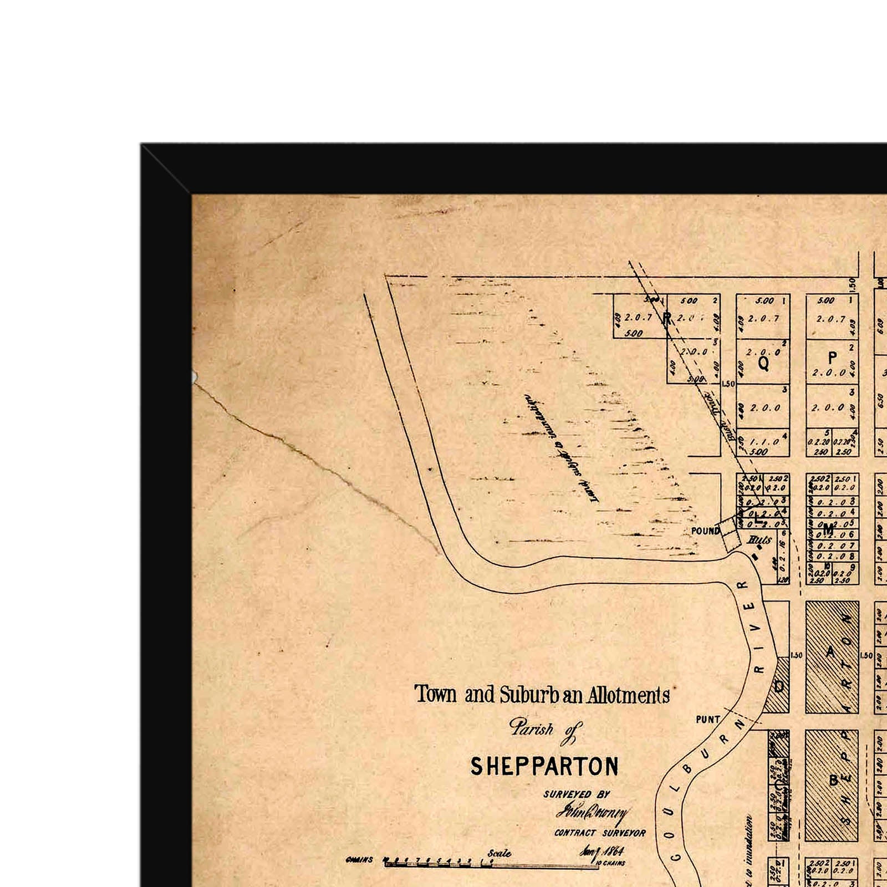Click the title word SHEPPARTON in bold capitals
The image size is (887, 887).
coord(544,767)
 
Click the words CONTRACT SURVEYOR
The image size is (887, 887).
coord(600,833)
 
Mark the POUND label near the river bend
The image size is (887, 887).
coord(705,531)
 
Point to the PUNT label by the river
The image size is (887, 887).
coord(708,720)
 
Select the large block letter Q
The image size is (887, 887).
coord(763,364)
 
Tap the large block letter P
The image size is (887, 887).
coord(832,358)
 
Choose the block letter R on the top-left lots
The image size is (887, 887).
coord(667,318)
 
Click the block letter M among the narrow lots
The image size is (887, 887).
coord(828,529)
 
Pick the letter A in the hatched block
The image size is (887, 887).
coord(830,652)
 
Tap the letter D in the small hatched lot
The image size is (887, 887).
coord(778,686)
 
